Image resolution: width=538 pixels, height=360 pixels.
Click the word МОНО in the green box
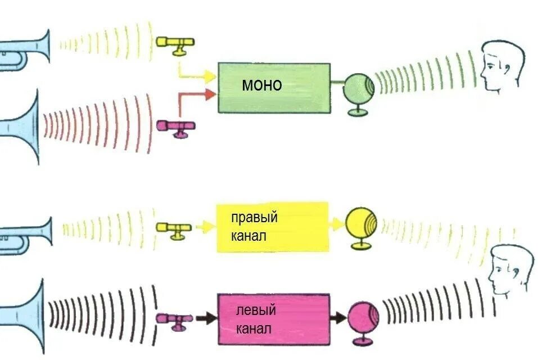[261, 85]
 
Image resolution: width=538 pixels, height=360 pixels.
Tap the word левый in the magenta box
[255, 310]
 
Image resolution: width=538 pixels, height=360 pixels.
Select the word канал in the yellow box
[248, 236]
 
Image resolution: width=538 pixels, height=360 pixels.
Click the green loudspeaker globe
[359, 88]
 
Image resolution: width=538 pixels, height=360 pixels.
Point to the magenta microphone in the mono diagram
[176, 126]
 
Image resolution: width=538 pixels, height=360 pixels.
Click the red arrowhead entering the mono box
[210, 95]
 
